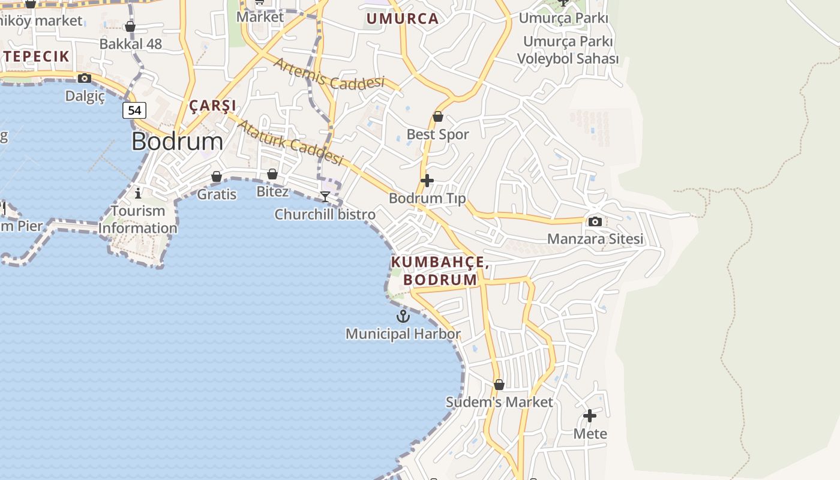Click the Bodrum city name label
point(177,142)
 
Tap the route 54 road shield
point(134,110)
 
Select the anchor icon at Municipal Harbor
point(403,316)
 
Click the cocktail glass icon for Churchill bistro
point(325,197)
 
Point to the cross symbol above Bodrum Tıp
point(427,180)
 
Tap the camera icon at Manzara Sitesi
point(595,221)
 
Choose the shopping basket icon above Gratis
point(217,176)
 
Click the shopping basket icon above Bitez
point(272,174)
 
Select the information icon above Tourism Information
point(138,193)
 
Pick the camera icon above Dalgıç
point(85,78)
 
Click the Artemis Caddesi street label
point(329,74)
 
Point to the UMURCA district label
point(402,19)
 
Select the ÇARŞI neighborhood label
point(213,106)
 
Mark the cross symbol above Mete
point(590,415)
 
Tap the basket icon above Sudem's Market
point(499,385)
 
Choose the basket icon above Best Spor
point(438,116)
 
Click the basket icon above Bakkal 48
point(130,26)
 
